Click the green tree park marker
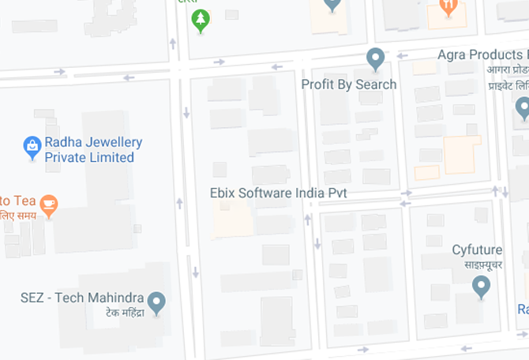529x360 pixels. pyautogui.click(x=201, y=20)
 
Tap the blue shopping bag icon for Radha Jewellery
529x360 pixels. pyautogui.click(x=32, y=147)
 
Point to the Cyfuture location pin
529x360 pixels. pyautogui.click(x=481, y=286)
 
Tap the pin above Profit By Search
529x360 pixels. pyautogui.click(x=375, y=58)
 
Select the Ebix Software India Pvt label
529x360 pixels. pyautogui.click(x=279, y=193)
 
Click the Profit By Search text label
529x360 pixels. pyautogui.click(x=349, y=84)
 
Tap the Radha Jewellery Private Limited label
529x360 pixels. pyautogui.click(x=93, y=150)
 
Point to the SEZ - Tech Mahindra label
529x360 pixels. pyautogui.click(x=82, y=298)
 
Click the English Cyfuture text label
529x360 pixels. pyautogui.click(x=477, y=250)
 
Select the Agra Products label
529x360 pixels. pyautogui.click(x=482, y=55)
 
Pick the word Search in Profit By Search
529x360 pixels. pyautogui.click(x=376, y=84)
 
